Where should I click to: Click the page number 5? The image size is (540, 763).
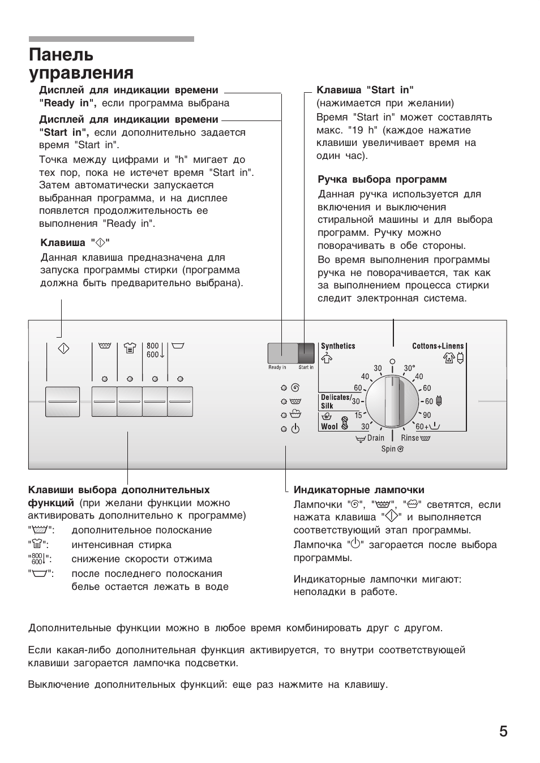503,731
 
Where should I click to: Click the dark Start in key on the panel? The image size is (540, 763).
306,353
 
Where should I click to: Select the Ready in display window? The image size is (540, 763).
282,353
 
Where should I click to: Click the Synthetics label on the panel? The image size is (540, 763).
338,346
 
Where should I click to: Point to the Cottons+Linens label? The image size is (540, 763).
438,346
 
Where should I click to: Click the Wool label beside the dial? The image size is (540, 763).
329,426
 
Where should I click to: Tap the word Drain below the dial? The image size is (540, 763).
375,438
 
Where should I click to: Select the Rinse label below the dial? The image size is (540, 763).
410,438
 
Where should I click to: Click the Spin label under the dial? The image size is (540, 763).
388,449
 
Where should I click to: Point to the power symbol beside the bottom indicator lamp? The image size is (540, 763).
295,429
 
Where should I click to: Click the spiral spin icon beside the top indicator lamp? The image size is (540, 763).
295,388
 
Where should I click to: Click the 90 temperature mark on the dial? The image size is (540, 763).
427,415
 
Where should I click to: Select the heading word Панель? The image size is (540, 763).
61,55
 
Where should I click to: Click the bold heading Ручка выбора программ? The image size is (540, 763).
382,180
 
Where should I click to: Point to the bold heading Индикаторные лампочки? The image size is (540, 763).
359,490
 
